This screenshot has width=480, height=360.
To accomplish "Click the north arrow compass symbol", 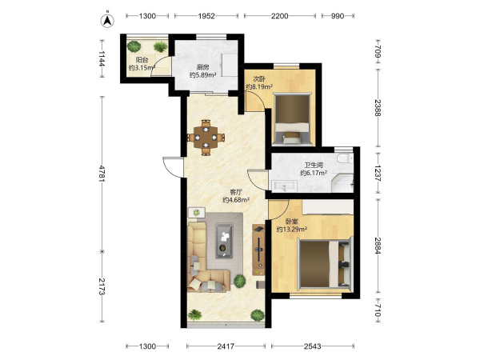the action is [x=107, y=20].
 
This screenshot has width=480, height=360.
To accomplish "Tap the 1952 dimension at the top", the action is [x=206, y=16].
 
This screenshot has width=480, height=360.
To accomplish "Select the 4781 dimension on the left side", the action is [x=102, y=174].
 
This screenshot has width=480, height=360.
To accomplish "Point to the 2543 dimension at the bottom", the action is [x=313, y=346].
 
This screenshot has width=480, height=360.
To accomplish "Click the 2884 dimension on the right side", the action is [x=378, y=246].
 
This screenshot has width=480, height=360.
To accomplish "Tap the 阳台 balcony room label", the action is [x=142, y=60].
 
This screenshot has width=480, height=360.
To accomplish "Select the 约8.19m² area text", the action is [x=259, y=86].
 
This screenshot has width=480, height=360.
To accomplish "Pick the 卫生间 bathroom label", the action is [x=314, y=166].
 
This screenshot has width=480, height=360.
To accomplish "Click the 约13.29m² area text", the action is [x=292, y=229].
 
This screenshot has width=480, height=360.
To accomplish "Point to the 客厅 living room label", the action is [x=236, y=192].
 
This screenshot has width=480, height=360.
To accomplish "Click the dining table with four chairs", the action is [x=206, y=138].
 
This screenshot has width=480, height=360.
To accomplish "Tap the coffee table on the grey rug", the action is [x=224, y=241].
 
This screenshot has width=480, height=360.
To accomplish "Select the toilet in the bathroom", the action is [x=345, y=158].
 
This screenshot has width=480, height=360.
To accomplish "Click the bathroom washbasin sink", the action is [x=285, y=186].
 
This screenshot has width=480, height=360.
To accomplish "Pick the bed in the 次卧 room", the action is [x=292, y=118].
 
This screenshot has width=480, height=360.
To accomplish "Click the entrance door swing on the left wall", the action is [x=174, y=167].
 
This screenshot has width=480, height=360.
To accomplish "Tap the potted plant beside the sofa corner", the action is [x=240, y=281].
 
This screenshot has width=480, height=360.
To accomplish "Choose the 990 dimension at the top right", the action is [x=338, y=16].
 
